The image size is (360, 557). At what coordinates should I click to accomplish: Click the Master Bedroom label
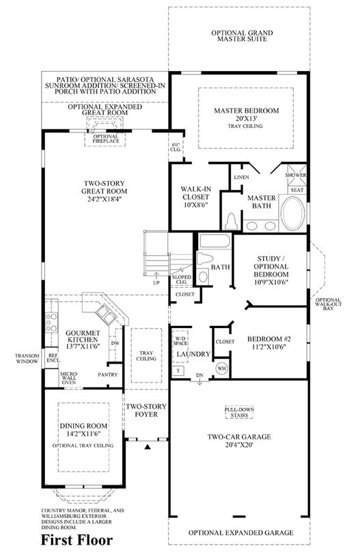click(247, 111)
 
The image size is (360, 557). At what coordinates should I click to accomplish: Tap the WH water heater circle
click(221, 368)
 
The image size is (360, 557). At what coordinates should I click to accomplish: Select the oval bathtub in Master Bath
click(292, 212)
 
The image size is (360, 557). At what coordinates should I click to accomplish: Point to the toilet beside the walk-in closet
click(231, 221)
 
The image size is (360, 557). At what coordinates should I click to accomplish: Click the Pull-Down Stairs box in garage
click(240, 412)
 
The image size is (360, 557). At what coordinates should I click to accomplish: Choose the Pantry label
click(108, 375)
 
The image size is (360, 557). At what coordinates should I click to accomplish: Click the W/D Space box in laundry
click(180, 342)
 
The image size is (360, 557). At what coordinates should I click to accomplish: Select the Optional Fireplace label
click(106, 139)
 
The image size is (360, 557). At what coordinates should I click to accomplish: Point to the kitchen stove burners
click(51, 323)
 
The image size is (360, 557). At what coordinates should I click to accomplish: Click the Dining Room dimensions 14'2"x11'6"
click(83, 433)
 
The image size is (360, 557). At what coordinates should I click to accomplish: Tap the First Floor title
click(77, 540)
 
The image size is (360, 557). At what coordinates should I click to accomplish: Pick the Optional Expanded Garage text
click(240, 532)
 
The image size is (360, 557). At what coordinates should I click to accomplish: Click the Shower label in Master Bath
click(296, 176)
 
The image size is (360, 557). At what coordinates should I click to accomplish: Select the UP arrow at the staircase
click(156, 275)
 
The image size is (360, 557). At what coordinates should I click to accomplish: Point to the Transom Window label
click(27, 358)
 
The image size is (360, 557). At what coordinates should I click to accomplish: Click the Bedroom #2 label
click(269, 339)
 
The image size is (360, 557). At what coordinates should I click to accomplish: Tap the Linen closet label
click(241, 177)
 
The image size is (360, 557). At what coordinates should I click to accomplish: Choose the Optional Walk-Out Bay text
click(329, 304)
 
